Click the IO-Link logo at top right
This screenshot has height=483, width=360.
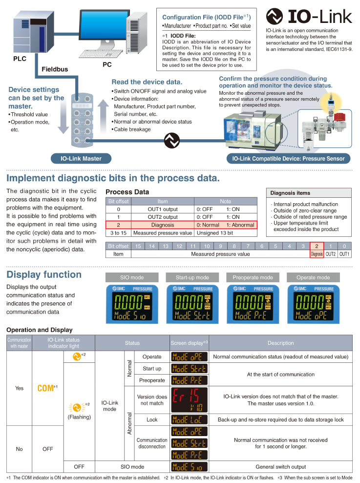click(309, 17)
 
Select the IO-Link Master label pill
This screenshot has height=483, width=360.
click(81, 158)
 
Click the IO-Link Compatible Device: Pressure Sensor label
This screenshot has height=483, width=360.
click(288, 158)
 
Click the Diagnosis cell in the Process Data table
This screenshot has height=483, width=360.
click(163, 225)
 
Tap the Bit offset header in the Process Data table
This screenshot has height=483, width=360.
click(118, 201)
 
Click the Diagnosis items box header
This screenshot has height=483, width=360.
click(290, 192)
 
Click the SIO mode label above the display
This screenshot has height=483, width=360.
click(131, 277)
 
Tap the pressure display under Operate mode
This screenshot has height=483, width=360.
click(313, 303)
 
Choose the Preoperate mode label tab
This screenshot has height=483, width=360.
click(253, 277)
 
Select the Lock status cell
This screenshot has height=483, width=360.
click(152, 420)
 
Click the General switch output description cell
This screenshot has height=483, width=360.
click(280, 466)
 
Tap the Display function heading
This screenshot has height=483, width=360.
click(44, 274)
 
